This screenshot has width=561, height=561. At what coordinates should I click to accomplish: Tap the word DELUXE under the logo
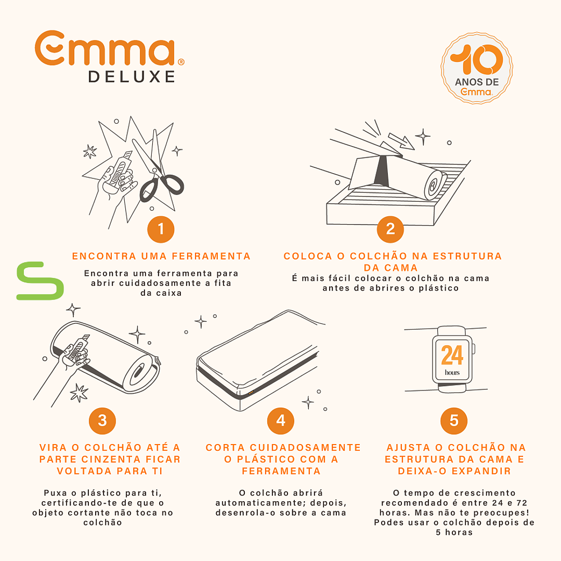coord(132,76)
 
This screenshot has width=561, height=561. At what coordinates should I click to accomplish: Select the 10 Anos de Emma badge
coord(477,68)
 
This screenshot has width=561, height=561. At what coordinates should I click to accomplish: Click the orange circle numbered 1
coord(161,229)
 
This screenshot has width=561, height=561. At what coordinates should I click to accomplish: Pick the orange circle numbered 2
coord(390,229)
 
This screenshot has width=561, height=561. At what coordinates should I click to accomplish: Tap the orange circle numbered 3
coord(102,421)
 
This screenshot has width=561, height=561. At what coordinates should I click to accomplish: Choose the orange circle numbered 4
coord(281,421)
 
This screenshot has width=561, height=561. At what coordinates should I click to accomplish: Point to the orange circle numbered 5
coord(454,421)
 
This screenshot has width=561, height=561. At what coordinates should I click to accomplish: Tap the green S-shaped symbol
coord(40,281)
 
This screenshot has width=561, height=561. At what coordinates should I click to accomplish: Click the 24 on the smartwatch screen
coord(452,355)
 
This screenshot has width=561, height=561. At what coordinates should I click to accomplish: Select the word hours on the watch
coord(452,372)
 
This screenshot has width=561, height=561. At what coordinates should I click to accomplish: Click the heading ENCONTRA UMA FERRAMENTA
coord(161,256)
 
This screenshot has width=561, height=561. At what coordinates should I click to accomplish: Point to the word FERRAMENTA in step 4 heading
coord(281,471)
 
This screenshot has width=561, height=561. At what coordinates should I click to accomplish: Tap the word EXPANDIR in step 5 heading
coord(482,471)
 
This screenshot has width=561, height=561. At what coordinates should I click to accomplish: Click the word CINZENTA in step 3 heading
coord(111,459)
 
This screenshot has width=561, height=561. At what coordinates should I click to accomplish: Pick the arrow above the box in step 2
coord(401,141)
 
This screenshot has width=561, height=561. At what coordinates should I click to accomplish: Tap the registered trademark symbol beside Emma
coord(181,62)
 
